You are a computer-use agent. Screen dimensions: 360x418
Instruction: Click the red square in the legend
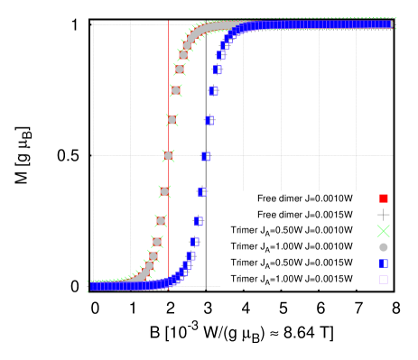(384, 198)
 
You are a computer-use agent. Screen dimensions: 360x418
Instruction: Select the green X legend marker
(384, 231)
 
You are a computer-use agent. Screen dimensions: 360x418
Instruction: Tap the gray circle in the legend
(384, 247)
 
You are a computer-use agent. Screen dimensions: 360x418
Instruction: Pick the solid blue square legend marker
(384, 263)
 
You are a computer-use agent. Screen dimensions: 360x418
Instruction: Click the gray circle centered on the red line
(168, 156)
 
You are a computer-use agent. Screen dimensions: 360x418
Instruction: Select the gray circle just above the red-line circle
(172, 120)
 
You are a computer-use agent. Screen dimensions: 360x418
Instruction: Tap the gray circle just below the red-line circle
(164, 191)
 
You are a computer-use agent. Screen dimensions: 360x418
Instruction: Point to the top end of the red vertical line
(168, 21)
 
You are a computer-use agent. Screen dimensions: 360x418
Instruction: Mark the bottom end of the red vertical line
(168, 290)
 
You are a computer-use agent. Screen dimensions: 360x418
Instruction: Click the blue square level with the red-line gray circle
(206, 156)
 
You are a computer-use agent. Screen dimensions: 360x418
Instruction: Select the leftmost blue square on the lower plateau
(94, 287)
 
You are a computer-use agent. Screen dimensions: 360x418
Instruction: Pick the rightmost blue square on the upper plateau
(389, 24)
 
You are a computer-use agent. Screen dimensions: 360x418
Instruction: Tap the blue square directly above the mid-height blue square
(209, 120)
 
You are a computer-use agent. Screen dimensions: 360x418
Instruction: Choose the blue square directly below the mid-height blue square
(202, 191)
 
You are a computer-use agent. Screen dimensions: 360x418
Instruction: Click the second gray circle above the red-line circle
(176, 90)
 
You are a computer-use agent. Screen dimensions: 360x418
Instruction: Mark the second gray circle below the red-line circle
(161, 221)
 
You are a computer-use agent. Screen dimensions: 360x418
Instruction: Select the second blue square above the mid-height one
(213, 90)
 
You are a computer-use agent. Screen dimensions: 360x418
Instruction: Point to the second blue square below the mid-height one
(199, 221)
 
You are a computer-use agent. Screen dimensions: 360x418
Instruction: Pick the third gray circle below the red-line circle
(157, 242)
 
